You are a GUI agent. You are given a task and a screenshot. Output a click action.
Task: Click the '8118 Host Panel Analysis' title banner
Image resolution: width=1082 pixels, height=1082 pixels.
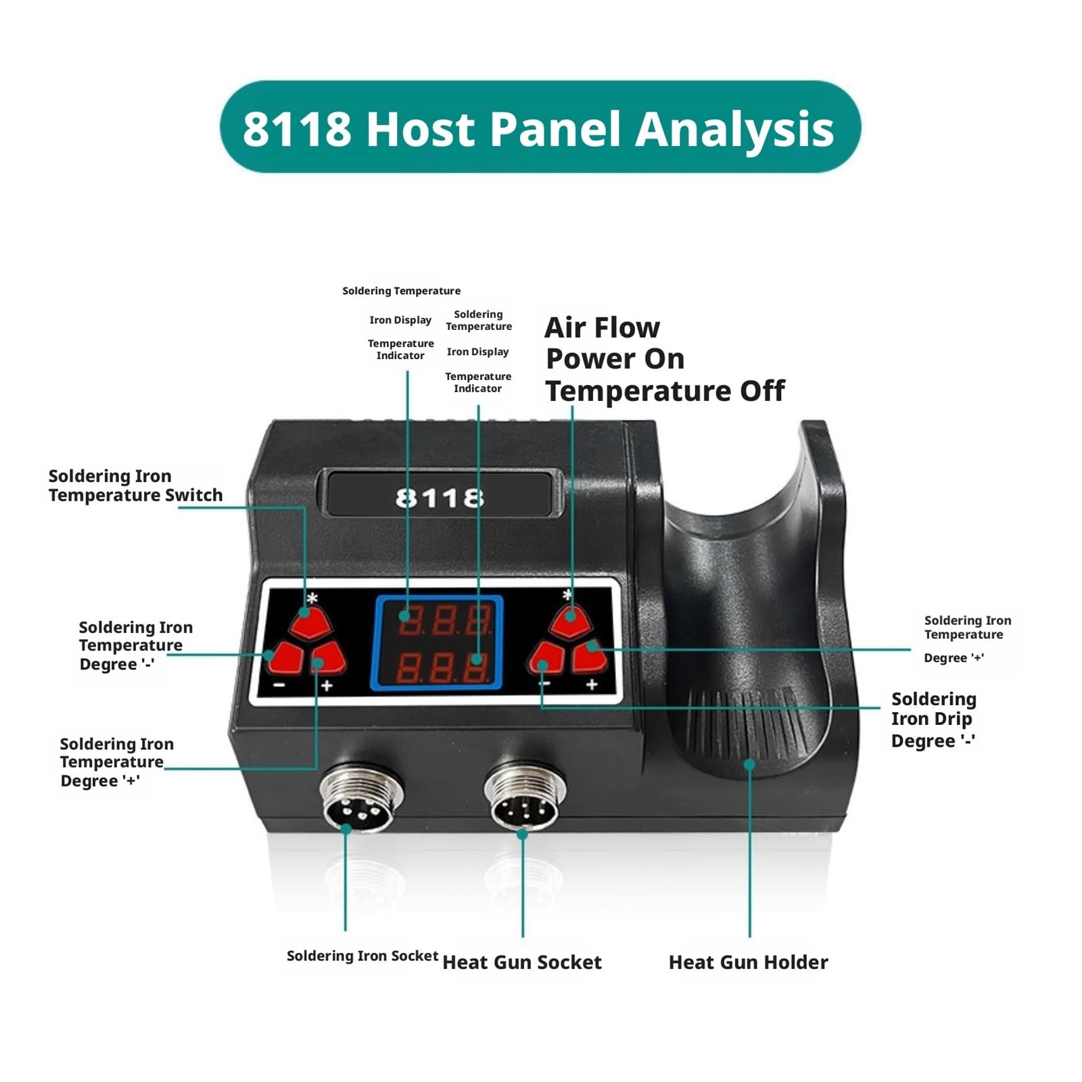(540, 127)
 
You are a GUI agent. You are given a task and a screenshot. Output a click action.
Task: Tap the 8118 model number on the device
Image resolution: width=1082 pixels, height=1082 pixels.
(440, 498)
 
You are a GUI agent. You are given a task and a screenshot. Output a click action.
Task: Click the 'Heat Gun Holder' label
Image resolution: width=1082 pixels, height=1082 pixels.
(748, 962)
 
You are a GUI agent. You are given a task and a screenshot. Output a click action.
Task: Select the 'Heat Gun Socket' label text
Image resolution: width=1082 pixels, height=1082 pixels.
(521, 962)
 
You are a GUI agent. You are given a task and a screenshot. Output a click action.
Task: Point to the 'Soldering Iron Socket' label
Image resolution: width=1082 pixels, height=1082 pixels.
(362, 956)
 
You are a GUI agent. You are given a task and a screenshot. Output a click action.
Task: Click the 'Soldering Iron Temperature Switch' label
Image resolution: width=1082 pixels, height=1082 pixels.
(135, 486)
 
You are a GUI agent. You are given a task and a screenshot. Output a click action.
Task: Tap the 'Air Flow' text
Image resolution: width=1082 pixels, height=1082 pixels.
(602, 328)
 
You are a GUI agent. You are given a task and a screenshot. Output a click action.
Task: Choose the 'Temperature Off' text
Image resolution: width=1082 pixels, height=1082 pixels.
(665, 391)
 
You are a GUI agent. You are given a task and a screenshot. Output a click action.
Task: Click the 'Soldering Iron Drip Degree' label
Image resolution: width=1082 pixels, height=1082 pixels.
(934, 720)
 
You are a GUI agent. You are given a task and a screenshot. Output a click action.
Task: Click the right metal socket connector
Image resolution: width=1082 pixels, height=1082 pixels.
(525, 798)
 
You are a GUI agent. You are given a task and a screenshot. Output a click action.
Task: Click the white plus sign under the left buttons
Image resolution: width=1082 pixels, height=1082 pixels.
(327, 686)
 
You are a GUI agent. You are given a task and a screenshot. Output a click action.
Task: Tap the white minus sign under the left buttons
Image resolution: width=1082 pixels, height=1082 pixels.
(279, 686)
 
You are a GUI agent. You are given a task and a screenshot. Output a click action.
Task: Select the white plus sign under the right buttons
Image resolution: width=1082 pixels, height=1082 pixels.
(592, 685)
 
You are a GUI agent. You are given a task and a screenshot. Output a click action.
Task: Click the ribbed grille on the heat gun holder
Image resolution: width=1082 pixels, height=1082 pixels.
(744, 724)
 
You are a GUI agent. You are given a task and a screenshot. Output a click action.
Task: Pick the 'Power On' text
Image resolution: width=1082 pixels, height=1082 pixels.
(615, 359)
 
